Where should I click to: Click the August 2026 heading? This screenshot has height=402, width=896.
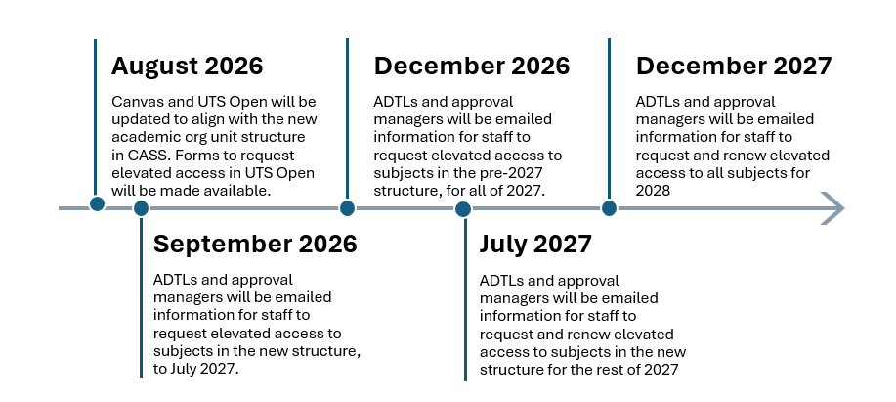coord(187,67)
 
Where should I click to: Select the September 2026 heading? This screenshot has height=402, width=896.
coord(255,245)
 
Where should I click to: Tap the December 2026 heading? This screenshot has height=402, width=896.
coord(471,66)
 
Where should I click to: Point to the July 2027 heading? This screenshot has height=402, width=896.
coord(535,245)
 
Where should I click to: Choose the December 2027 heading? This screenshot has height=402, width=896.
coord(734,66)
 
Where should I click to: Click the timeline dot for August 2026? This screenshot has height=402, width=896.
coord(97,203)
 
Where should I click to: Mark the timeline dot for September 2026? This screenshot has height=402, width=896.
coord(141,208)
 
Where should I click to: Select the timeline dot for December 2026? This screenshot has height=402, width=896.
coord(347,208)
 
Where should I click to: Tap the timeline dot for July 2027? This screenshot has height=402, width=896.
coord(463,209)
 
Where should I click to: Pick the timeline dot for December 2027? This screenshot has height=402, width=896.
coord(609,208)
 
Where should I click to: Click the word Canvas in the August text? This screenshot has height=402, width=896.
coord(132,102)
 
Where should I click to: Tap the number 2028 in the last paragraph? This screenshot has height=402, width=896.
coord(653,191)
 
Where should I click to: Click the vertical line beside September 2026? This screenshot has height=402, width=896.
coord(141,296)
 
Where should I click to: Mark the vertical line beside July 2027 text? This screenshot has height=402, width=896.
coord(465,298)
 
